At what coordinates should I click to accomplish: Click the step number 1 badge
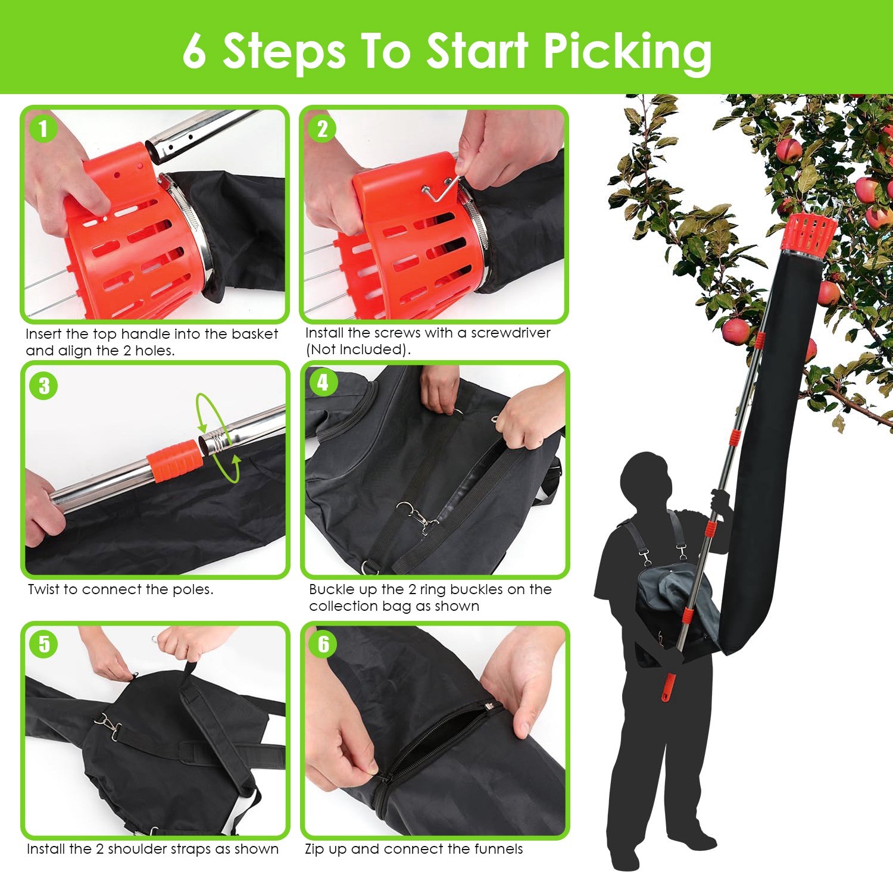pyautogui.click(x=43, y=129)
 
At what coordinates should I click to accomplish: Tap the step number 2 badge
pyautogui.click(x=322, y=129)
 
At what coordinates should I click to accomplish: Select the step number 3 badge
pyautogui.click(x=44, y=386)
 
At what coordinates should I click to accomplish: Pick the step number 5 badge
pyautogui.click(x=44, y=645)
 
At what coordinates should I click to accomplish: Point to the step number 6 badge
pyautogui.click(x=323, y=644)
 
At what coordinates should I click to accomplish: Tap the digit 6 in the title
pyautogui.click(x=195, y=51)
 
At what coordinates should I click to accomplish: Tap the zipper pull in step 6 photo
pyautogui.click(x=489, y=707)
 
